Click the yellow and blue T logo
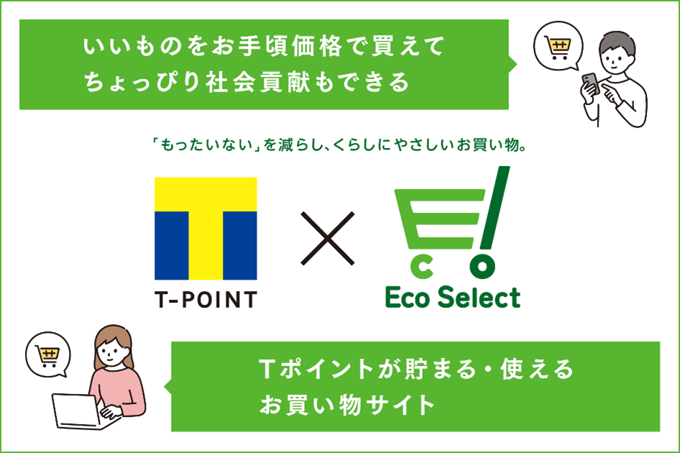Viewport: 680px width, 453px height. (206, 228)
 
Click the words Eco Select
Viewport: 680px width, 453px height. (452, 296)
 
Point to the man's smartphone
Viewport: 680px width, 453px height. (587, 82)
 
